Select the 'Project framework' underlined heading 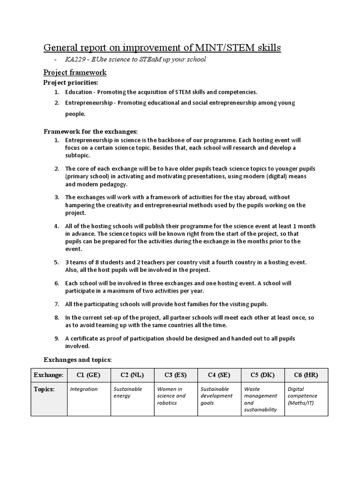pos(75,72)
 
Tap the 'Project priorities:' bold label pos(71,82)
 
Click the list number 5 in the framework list pos(56,262)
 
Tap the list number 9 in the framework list pos(56,338)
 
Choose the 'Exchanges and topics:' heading pos(77,360)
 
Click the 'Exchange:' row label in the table pos(48,375)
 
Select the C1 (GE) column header pos(88,375)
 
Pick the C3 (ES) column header pos(175,375)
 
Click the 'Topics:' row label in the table pos(44,389)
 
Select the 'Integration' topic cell pos(84,389)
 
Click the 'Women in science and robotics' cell pos(172,396)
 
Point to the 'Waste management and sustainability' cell pos(260,399)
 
